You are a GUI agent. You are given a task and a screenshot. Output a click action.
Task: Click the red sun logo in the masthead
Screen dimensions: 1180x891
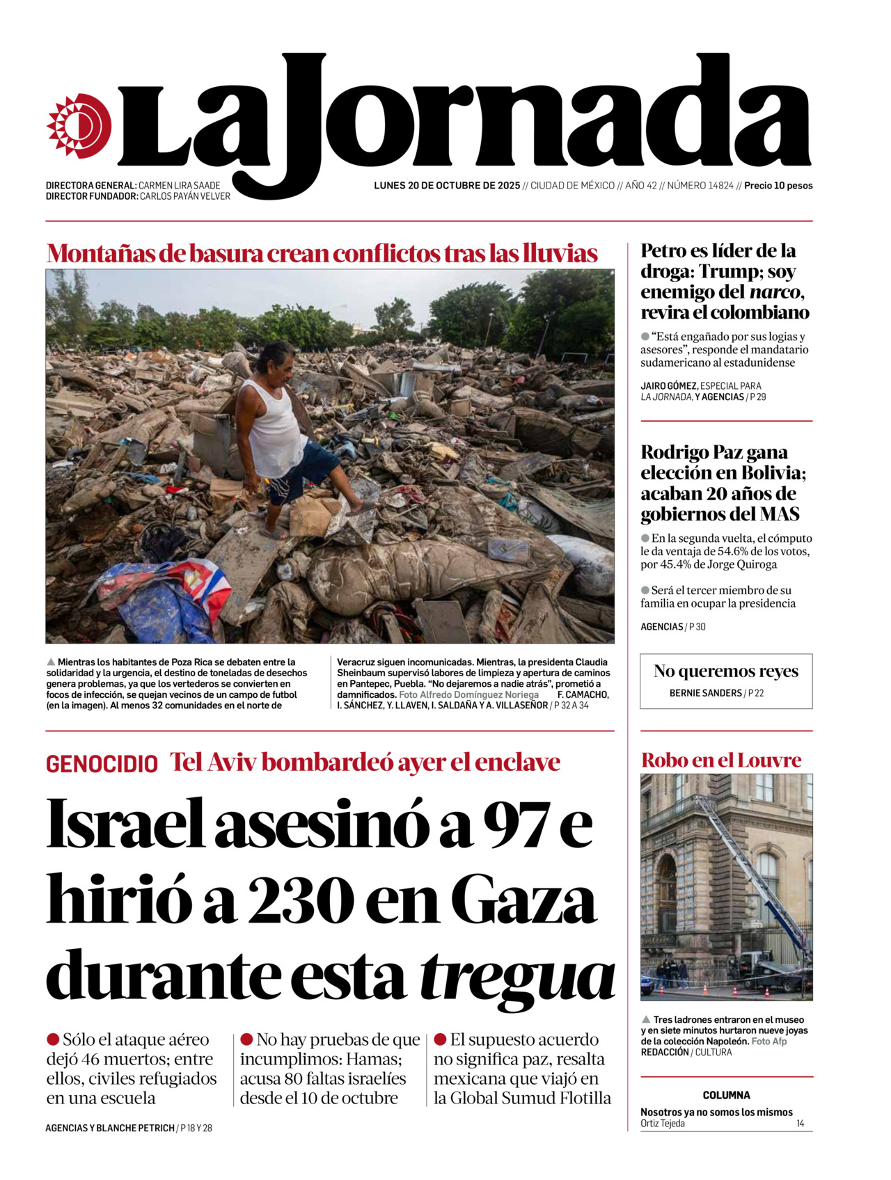pyautogui.click(x=79, y=126)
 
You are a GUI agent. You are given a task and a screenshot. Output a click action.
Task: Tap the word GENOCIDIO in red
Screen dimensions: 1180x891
pyautogui.click(x=102, y=764)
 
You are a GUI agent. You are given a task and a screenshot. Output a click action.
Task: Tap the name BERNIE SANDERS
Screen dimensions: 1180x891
pyautogui.click(x=705, y=693)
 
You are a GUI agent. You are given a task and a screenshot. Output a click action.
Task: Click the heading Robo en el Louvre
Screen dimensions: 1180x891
pyautogui.click(x=720, y=760)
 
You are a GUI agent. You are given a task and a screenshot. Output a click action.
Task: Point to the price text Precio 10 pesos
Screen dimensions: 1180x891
pyautogui.click(x=778, y=186)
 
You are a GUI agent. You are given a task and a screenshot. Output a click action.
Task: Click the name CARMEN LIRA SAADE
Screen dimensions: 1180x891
pyautogui.click(x=179, y=186)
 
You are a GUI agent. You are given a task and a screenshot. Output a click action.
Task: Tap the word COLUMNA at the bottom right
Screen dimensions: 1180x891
pyautogui.click(x=726, y=1095)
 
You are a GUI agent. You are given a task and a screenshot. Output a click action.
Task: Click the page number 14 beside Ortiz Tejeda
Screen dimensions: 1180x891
pyautogui.click(x=800, y=1124)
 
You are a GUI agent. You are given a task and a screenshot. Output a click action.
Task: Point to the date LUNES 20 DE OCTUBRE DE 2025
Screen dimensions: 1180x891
pyautogui.click(x=447, y=186)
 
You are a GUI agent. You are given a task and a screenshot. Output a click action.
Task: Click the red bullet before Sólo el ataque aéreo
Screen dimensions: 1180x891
pyautogui.click(x=53, y=1039)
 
